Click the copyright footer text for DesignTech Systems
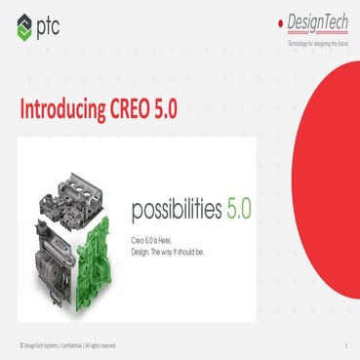[67, 343]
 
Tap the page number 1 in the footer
[345, 344]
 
